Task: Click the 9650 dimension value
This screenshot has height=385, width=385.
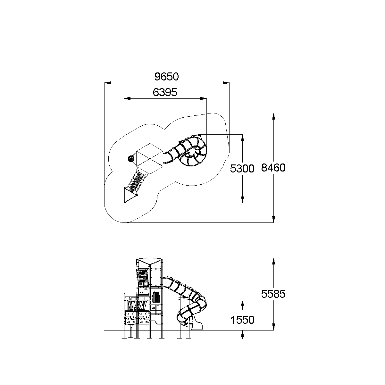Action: [166, 77]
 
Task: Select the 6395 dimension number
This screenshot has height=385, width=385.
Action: [165, 92]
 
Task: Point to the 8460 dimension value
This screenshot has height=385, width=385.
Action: [273, 168]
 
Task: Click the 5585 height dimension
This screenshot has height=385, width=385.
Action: [273, 294]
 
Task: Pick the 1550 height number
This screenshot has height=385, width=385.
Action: [242, 320]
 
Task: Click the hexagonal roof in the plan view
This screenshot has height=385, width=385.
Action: [150, 159]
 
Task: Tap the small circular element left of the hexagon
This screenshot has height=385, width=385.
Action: [131, 159]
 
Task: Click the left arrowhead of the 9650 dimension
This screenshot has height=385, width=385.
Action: [107, 83]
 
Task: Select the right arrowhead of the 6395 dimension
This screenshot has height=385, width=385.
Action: [203, 98]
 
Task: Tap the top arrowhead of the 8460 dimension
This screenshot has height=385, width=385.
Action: [274, 116]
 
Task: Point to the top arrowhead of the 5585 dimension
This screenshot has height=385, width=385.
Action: [274, 261]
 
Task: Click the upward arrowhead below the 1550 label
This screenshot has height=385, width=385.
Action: [243, 334]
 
